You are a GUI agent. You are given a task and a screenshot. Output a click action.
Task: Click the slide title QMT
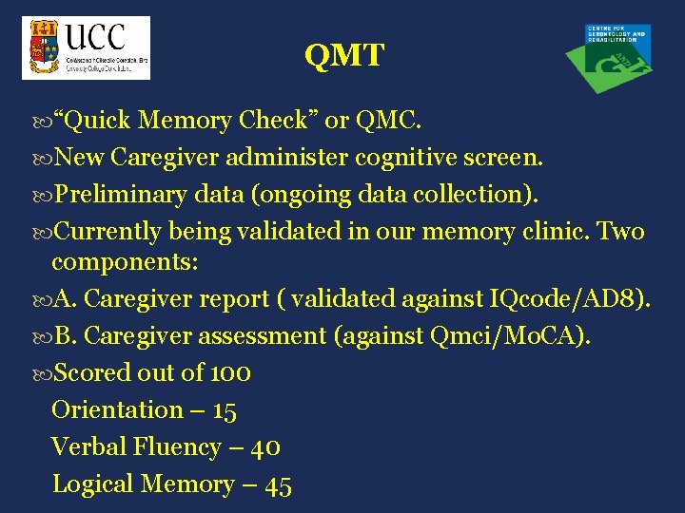tap(343, 56)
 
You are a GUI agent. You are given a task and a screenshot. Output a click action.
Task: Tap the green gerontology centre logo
tap(609, 57)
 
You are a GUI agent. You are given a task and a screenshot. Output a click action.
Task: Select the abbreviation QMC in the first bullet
tap(385, 121)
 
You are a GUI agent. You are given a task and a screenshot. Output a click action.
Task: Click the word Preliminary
tap(122, 195)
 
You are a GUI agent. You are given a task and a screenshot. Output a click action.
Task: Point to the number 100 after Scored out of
tap(229, 373)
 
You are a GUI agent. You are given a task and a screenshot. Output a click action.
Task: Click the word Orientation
tap(117, 410)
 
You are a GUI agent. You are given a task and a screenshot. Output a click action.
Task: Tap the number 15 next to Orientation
tap(225, 410)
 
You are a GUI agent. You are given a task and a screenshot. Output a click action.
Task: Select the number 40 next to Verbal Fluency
tap(267, 447)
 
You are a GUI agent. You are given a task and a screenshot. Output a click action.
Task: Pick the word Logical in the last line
tap(92, 484)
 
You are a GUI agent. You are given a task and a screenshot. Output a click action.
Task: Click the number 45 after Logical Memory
tap(279, 485)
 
